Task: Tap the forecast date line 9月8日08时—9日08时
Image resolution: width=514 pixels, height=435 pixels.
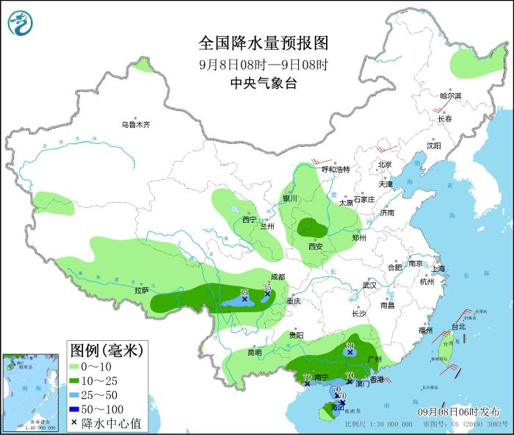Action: (x=263, y=64)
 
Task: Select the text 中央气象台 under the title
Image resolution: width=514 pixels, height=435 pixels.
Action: (x=263, y=84)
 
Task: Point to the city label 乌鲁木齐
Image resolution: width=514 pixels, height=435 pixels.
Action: (x=136, y=125)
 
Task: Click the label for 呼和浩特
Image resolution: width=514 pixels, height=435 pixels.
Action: (x=336, y=170)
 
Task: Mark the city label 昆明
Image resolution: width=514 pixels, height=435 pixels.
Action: (x=254, y=352)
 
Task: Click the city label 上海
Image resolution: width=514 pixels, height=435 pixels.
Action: (x=439, y=269)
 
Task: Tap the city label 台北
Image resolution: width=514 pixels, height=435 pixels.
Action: (x=457, y=327)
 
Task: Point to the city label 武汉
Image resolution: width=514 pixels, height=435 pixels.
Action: (x=369, y=285)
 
